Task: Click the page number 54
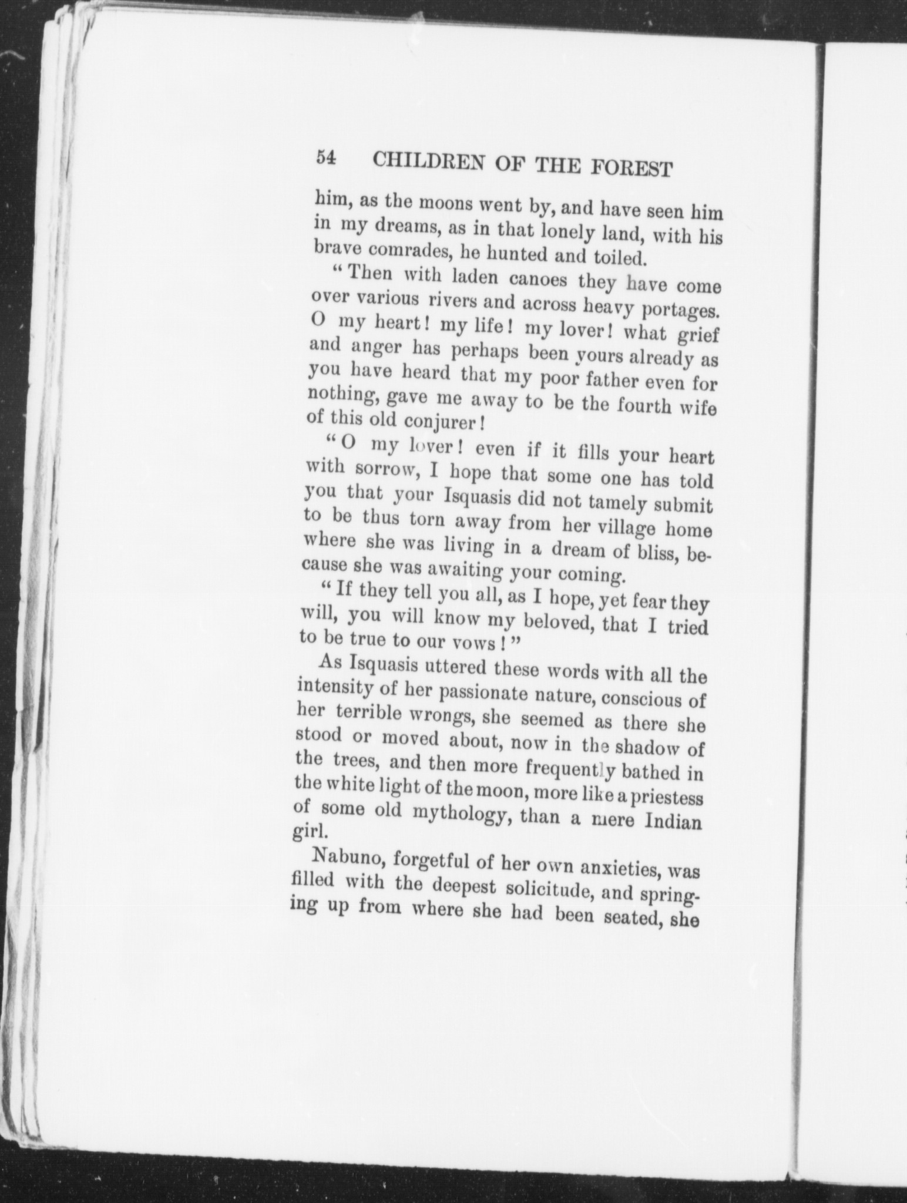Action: click(x=325, y=158)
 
